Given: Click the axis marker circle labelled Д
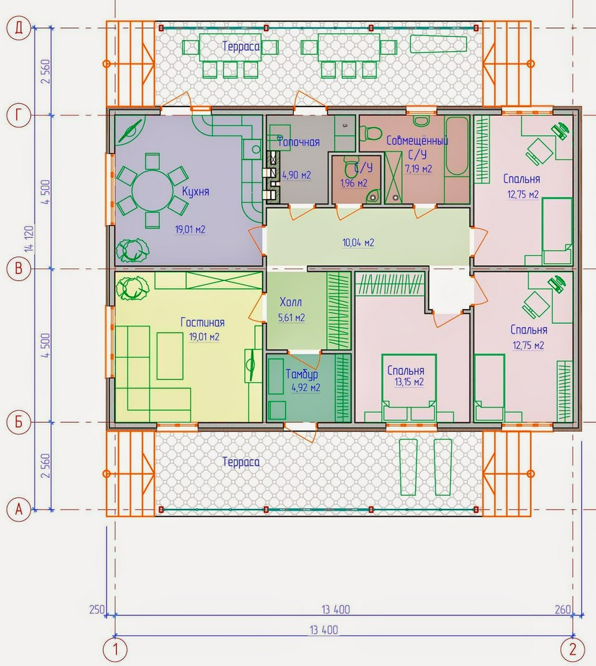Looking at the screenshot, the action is [18, 28].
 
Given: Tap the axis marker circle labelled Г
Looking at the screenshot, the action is [18, 115].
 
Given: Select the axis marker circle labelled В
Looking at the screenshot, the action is [18, 268].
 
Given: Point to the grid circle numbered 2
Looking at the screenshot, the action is [573, 649].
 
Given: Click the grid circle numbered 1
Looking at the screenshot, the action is [115, 649].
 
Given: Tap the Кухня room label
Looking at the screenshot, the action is [195, 192].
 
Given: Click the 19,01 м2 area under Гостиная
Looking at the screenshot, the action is [204, 337].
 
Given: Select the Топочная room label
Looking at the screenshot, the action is [299, 141].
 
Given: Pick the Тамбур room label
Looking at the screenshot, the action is [302, 374].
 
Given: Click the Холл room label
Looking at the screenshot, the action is [291, 302].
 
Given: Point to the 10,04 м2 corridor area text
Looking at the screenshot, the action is [359, 242].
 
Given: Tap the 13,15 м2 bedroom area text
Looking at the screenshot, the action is [409, 382].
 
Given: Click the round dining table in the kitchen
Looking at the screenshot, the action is [153, 190].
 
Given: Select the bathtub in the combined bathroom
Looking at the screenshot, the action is [457, 146].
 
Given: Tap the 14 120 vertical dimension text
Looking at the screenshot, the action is [29, 238].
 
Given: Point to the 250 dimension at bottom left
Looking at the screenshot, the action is [97, 609].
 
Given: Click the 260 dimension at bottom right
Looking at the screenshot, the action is [563, 609].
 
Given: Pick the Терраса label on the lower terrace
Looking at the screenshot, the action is [241, 462].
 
